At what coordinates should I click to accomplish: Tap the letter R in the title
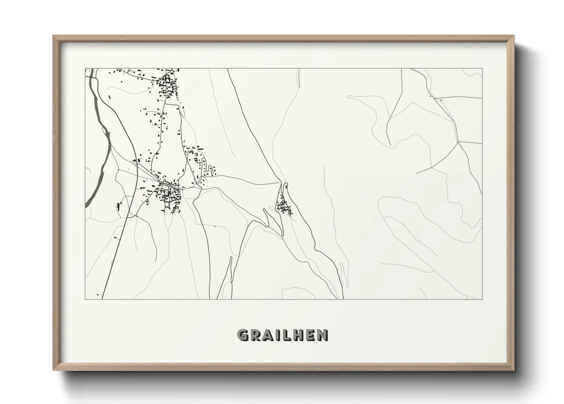point(255,335)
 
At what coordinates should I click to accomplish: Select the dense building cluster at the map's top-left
point(168,86)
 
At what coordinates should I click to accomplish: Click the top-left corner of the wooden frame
point(53,36)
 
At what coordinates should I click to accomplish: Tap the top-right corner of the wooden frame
point(514,36)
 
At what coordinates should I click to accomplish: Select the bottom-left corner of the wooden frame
point(53,370)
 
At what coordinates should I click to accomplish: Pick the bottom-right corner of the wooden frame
point(514,370)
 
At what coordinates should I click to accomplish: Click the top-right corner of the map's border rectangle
point(482,68)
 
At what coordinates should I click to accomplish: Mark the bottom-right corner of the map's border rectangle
point(482,299)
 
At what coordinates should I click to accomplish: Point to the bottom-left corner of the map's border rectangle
point(85,299)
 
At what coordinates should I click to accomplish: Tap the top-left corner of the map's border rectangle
point(85,68)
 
